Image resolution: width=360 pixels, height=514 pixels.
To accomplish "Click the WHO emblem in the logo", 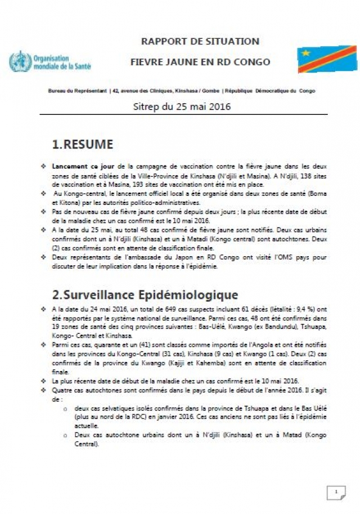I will click(x=20, y=61).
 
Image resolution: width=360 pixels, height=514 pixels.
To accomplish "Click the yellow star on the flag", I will click(x=306, y=53).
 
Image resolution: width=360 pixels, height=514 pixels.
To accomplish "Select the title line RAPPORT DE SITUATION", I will click(x=200, y=41).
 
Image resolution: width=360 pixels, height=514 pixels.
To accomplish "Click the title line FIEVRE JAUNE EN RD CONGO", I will click(x=200, y=61).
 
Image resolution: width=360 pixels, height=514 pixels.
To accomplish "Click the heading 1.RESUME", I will click(x=82, y=144).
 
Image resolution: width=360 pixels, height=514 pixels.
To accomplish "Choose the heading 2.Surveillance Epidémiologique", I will click(x=145, y=295).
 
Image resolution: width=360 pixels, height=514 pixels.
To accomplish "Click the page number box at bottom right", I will click(x=336, y=493).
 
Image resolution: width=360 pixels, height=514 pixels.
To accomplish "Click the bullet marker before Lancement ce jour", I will click(x=44, y=167).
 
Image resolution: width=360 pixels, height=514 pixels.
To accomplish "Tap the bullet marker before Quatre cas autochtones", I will click(x=44, y=389).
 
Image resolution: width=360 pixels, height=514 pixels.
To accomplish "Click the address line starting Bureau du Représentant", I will click(x=181, y=91).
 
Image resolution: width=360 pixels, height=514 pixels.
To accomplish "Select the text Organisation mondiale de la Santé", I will click(x=62, y=62).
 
